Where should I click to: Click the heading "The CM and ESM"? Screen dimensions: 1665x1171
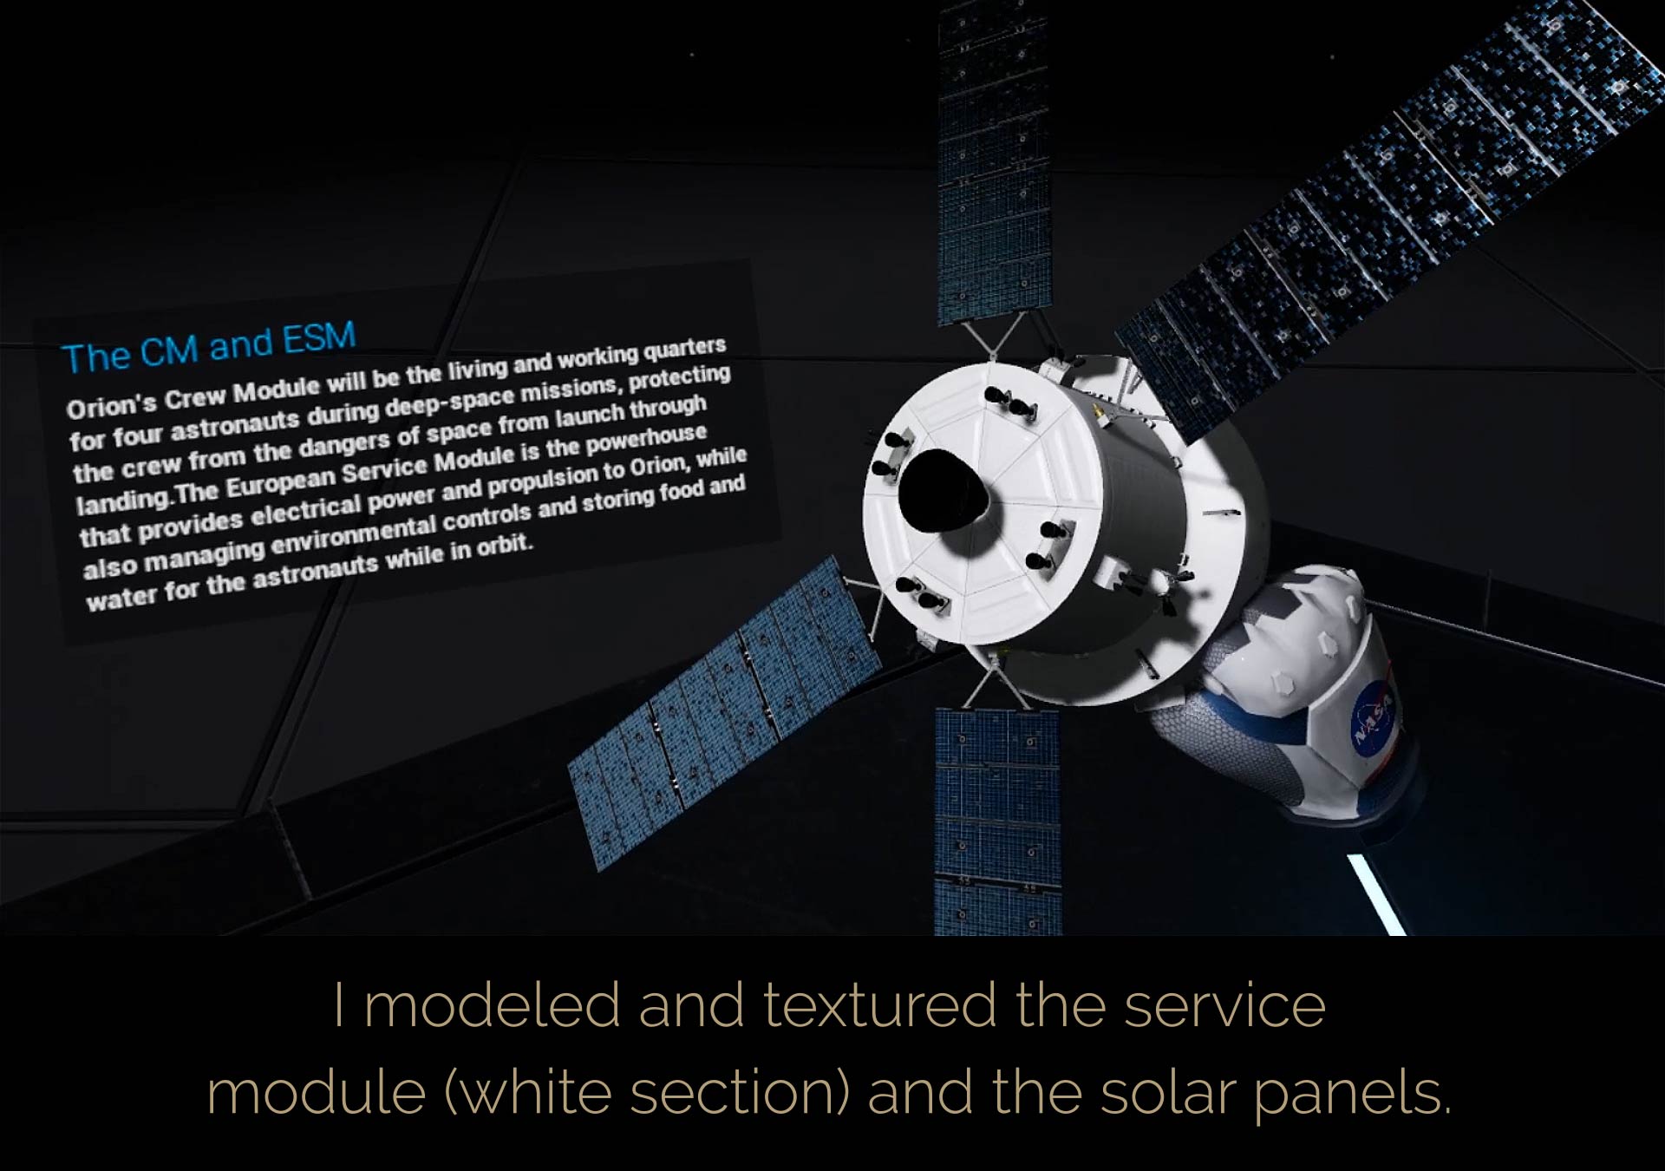(209, 347)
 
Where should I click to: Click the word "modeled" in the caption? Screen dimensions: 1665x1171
(491, 1005)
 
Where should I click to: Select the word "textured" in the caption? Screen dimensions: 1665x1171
(879, 1005)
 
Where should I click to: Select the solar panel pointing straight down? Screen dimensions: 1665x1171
(998, 821)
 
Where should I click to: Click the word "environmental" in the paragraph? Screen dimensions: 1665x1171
(357, 536)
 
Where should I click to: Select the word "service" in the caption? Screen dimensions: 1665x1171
(1224, 1005)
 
